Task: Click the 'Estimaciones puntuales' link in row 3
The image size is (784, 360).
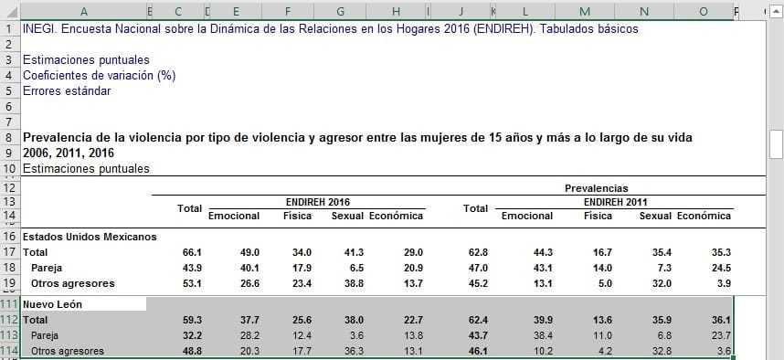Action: pos(86,60)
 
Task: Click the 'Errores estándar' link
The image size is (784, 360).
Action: pos(67,90)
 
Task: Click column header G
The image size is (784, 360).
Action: pos(340,12)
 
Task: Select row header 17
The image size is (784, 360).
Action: pos(10,251)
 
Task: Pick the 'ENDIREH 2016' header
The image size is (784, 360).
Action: pos(317,202)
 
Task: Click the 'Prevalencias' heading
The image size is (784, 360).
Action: pos(595,187)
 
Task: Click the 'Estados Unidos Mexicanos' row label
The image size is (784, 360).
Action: pos(89,236)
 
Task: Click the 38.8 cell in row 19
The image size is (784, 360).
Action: pos(353,282)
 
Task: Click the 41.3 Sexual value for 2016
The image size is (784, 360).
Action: pos(353,251)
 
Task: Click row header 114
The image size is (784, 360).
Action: pos(10,351)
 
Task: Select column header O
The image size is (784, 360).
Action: pos(703,12)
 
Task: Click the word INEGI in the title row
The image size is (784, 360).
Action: pos(39,28)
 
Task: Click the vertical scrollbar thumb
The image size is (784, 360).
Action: pos(776,143)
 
